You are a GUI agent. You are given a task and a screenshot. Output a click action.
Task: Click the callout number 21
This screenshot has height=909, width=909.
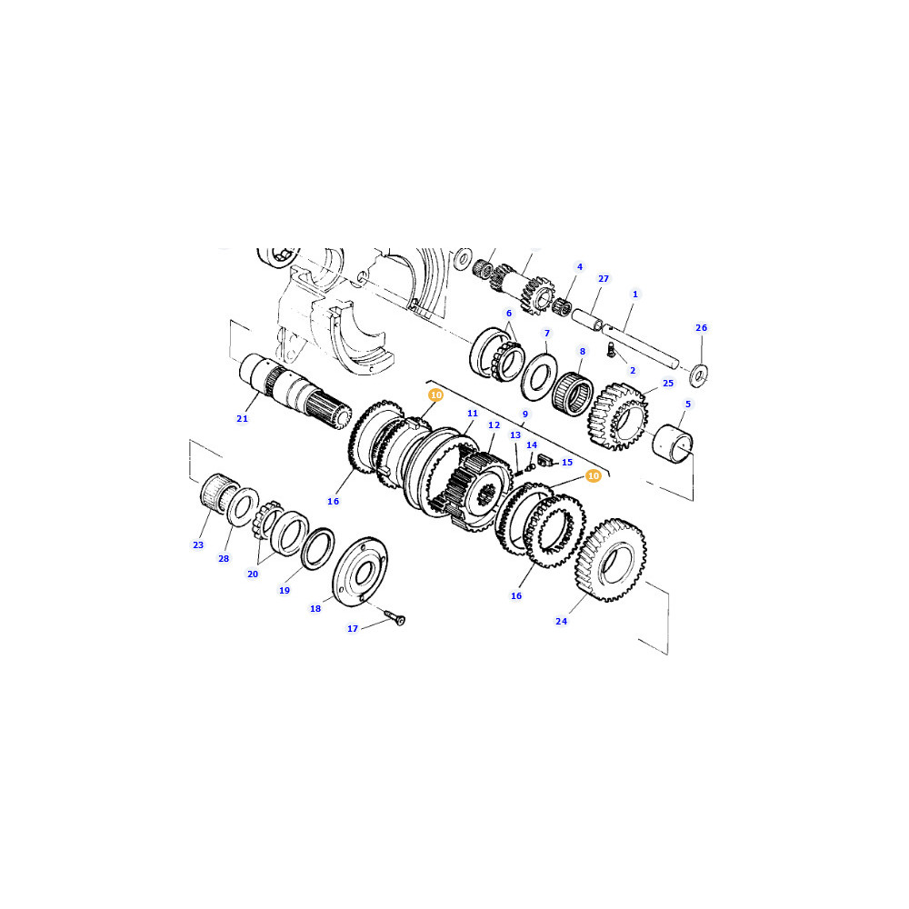[243, 418]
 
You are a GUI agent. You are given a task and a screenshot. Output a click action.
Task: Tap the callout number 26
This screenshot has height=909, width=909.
[702, 327]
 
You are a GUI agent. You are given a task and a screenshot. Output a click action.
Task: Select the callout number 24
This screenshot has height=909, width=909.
[561, 622]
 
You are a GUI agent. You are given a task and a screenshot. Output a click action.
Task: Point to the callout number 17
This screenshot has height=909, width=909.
[353, 628]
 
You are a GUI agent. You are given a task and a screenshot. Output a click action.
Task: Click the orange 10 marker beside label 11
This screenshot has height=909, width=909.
[436, 395]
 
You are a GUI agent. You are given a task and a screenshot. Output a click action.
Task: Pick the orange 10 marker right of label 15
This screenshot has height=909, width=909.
[593, 476]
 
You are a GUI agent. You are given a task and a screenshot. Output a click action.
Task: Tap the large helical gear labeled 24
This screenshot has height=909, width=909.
[611, 560]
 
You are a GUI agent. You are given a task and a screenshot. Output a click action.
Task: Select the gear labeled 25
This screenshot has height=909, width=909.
[618, 415]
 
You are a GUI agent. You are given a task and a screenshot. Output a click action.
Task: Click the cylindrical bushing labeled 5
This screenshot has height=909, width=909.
[673, 445]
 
